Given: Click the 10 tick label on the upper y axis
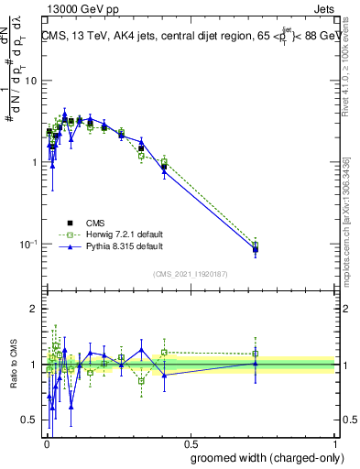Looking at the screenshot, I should pos(30,81).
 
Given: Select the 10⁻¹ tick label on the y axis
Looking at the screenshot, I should pos(28,244).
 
